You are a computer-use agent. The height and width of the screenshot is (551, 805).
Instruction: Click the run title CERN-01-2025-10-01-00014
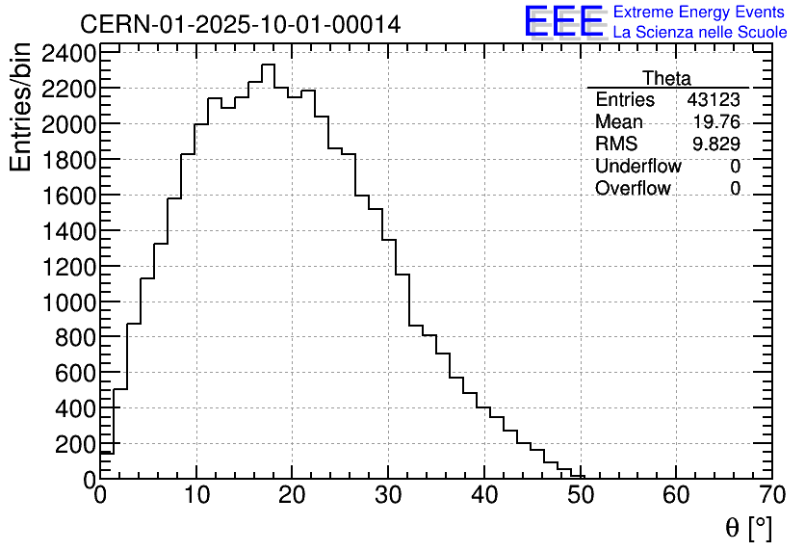[x=240, y=24]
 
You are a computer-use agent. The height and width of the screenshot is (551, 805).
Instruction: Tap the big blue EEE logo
[x=563, y=22]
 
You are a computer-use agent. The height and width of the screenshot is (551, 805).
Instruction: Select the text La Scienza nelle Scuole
[x=700, y=33]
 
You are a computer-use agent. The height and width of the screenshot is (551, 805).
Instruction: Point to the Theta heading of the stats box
[x=666, y=78]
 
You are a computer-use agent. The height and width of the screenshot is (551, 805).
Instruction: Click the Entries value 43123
[x=714, y=100]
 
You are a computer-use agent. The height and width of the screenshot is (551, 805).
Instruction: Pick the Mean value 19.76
[x=716, y=122]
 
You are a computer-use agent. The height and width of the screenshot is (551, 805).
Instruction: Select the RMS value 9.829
[x=716, y=144]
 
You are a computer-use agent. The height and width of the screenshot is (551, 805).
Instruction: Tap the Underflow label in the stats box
[x=637, y=167]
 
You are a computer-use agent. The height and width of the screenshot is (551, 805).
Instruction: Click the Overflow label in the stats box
[x=633, y=189]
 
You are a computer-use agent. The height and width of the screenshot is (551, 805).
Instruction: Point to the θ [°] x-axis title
[x=747, y=528]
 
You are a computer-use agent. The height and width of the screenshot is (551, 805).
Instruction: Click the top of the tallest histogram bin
[x=268, y=65]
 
